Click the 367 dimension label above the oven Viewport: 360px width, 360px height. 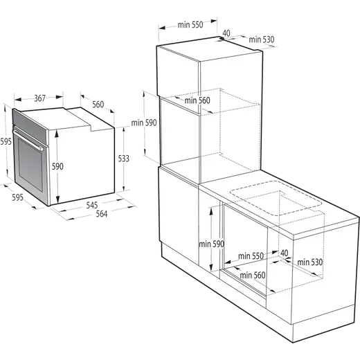(x=39, y=98)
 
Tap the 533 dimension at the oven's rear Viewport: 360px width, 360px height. (x=124, y=159)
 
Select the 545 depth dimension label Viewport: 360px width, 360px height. (x=92, y=205)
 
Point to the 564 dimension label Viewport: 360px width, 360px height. (x=102, y=214)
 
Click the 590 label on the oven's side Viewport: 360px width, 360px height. (x=57, y=166)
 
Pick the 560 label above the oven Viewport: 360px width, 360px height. (x=98, y=105)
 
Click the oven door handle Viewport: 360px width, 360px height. (x=28, y=140)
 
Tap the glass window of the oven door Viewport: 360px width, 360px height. (x=30, y=165)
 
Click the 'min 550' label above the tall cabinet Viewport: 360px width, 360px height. (x=190, y=25)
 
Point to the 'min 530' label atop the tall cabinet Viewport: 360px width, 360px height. (x=262, y=39)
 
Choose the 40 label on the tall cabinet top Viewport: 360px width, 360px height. (x=226, y=33)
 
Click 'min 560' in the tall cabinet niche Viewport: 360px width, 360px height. (x=197, y=100)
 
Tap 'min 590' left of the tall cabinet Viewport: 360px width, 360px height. (x=144, y=123)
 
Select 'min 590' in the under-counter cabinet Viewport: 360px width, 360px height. (x=212, y=244)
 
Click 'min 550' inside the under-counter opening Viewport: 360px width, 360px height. (x=251, y=256)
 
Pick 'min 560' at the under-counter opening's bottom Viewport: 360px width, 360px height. (x=253, y=275)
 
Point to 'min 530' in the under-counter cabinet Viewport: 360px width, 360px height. (x=310, y=262)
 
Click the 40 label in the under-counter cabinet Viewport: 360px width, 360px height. (x=285, y=253)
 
